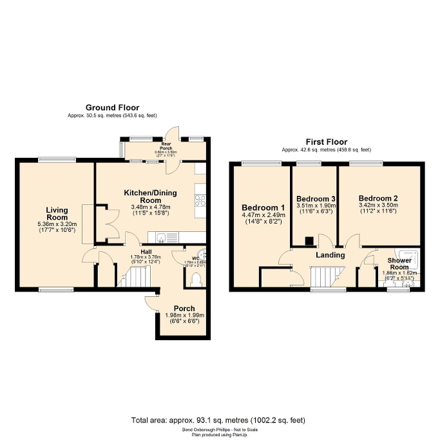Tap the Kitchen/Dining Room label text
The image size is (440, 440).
(x=150, y=196)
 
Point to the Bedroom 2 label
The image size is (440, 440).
(x=378, y=198)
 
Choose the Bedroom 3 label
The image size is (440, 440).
(x=316, y=198)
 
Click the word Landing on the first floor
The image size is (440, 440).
(x=330, y=255)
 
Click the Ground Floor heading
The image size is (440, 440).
(x=113, y=108)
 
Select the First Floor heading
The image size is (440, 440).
(x=326, y=142)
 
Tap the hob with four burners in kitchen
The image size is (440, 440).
(x=199, y=196)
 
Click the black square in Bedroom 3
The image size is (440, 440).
(x=309, y=242)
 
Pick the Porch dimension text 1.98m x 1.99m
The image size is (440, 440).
(x=184, y=315)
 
